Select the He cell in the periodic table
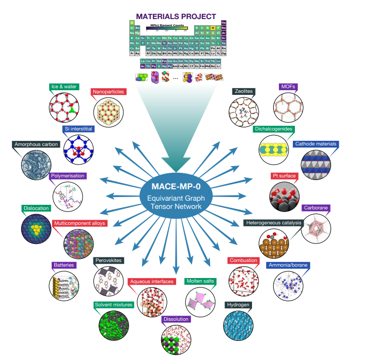(224, 23)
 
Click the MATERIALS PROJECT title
(176, 17)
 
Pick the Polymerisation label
(68, 176)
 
